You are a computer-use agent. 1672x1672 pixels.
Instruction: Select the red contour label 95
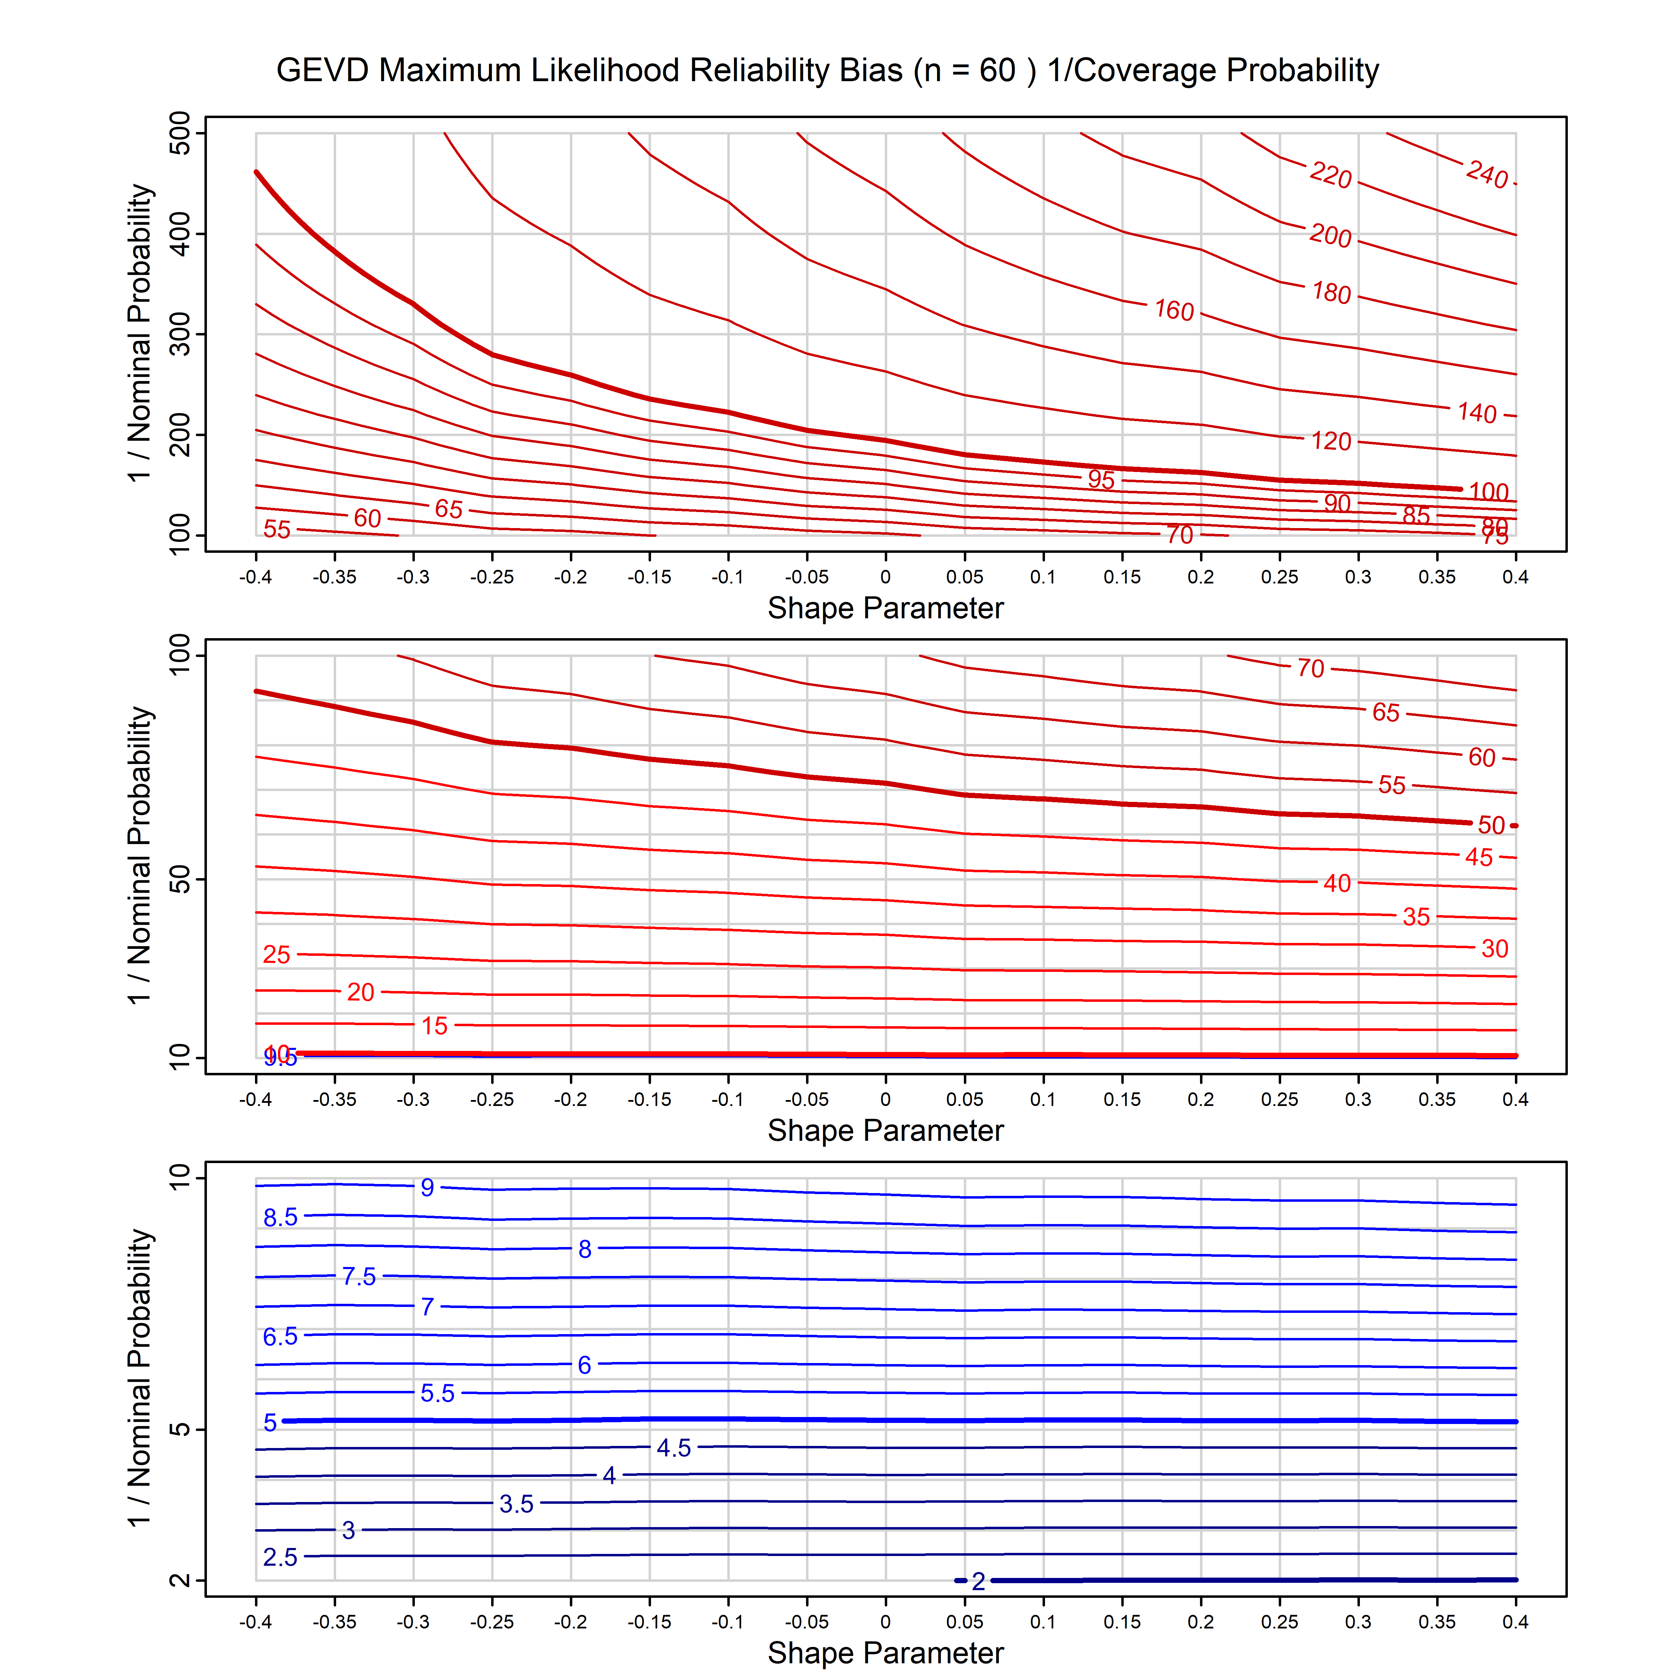1101,479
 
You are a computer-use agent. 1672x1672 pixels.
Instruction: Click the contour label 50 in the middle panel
1490,825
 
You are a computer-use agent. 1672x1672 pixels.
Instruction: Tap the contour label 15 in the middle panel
434,1027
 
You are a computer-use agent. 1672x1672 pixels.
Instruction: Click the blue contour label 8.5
280,1218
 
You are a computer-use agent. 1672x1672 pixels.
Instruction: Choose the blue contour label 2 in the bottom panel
978,1581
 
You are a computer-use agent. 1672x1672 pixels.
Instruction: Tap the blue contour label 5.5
437,1393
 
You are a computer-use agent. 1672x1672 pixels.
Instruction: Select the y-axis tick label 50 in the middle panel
180,880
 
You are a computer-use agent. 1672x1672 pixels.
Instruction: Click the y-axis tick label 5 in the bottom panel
180,1429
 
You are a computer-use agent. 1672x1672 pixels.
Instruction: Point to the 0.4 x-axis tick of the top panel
1515,577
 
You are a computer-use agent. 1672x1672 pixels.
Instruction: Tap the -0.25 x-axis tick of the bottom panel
491,1622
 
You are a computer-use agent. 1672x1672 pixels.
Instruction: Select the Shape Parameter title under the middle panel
885,1130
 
